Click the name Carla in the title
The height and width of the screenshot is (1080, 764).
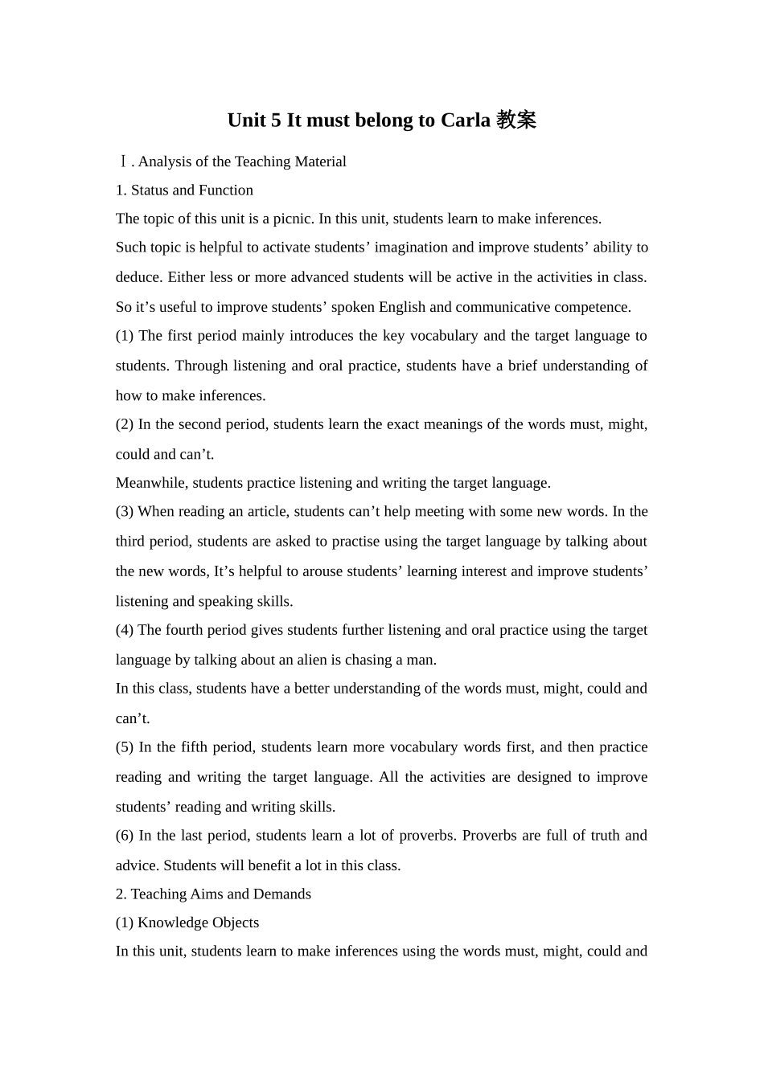(466, 121)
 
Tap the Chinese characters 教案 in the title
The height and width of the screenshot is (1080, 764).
(516, 121)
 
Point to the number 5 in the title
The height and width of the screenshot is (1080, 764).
(276, 121)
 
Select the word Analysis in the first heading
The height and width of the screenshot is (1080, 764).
(164, 162)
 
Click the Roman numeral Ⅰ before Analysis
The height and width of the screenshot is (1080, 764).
(122, 162)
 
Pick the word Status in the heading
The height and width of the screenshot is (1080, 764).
(150, 190)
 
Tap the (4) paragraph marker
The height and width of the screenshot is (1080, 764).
(125, 630)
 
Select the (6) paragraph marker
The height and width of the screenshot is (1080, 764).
(125, 836)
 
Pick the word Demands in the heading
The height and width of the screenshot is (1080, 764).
(282, 894)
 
